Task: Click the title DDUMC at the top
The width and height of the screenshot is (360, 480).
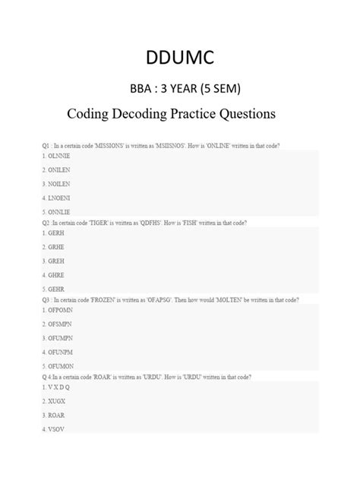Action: coord(181,58)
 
